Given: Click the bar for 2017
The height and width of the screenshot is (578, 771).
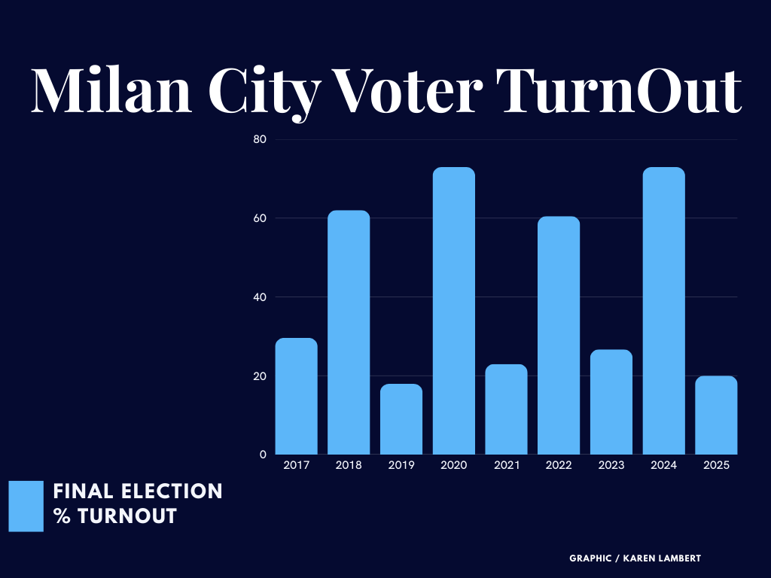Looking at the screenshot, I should pyautogui.click(x=296, y=397).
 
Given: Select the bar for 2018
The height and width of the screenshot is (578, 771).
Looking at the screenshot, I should pyautogui.click(x=349, y=333).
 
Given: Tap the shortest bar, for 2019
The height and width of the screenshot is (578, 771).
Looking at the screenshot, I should pyautogui.click(x=401, y=419).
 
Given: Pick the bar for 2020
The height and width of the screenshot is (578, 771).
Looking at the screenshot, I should pyautogui.click(x=454, y=311).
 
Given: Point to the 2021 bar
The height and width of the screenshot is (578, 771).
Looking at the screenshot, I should pyautogui.click(x=506, y=409).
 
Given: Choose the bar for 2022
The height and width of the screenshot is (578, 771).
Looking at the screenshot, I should pyautogui.click(x=559, y=336).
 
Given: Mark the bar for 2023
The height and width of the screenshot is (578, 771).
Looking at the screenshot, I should pyautogui.click(x=611, y=402).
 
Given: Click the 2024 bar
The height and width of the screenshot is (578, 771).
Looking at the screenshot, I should pyautogui.click(x=663, y=311).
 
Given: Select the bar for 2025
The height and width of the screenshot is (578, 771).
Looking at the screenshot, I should pyautogui.click(x=716, y=415).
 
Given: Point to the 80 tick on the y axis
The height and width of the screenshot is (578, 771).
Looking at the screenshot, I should pyautogui.click(x=261, y=139).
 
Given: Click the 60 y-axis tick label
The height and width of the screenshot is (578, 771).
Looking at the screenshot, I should pyautogui.click(x=261, y=218).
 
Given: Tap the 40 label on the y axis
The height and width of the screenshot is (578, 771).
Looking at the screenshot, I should pyautogui.click(x=261, y=297).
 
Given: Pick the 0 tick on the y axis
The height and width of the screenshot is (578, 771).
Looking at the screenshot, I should pyautogui.click(x=264, y=455).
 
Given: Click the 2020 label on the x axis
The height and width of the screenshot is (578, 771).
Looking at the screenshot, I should pyautogui.click(x=454, y=466).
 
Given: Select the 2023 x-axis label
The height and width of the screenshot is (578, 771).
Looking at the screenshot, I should pyautogui.click(x=611, y=466).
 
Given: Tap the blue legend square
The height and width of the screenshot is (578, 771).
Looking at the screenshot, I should pyautogui.click(x=26, y=507).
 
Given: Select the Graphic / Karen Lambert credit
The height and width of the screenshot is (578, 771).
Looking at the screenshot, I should pyautogui.click(x=635, y=558).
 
